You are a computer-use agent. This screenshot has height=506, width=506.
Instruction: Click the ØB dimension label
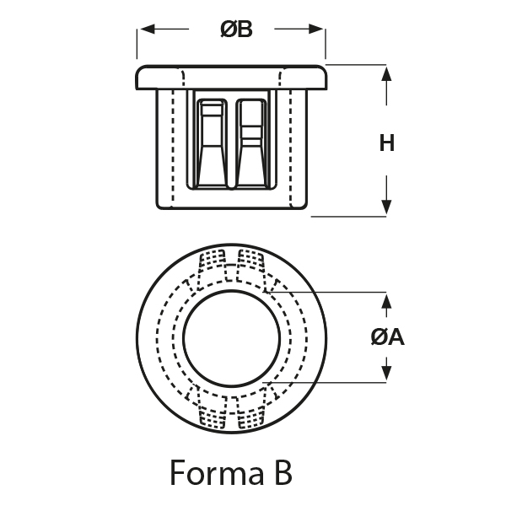(236, 30)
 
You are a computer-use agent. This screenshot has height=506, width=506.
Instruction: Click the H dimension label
(387, 143)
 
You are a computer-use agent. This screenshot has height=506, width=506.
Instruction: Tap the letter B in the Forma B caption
(283, 472)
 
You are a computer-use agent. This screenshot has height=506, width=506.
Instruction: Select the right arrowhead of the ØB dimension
(320, 30)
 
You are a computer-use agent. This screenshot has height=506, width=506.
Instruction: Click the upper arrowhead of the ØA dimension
(387, 300)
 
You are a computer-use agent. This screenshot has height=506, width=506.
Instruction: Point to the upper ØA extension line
(337, 293)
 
